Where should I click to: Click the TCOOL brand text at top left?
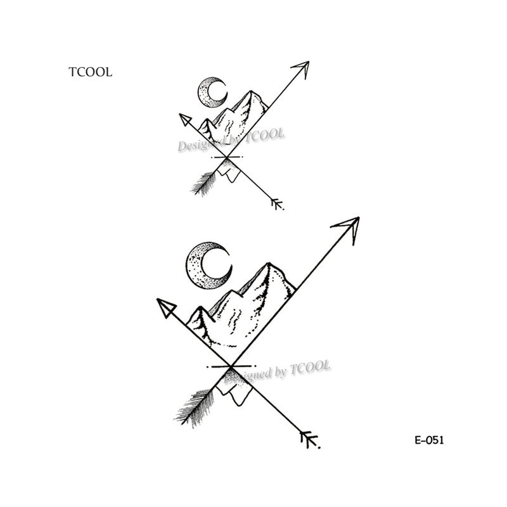point(90,72)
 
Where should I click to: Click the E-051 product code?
point(429,440)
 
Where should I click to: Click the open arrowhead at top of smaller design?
point(302,68)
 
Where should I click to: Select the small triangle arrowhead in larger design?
point(166,307)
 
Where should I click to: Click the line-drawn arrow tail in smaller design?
point(277,203)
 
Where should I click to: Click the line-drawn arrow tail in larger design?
point(309,439)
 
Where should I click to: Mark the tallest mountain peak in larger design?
point(268,263)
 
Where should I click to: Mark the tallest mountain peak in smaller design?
point(250,91)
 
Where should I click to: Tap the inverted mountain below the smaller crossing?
point(229,170)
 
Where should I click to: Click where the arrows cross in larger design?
point(231,367)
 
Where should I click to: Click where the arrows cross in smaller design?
point(227,157)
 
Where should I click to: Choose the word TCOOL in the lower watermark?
point(310,368)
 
